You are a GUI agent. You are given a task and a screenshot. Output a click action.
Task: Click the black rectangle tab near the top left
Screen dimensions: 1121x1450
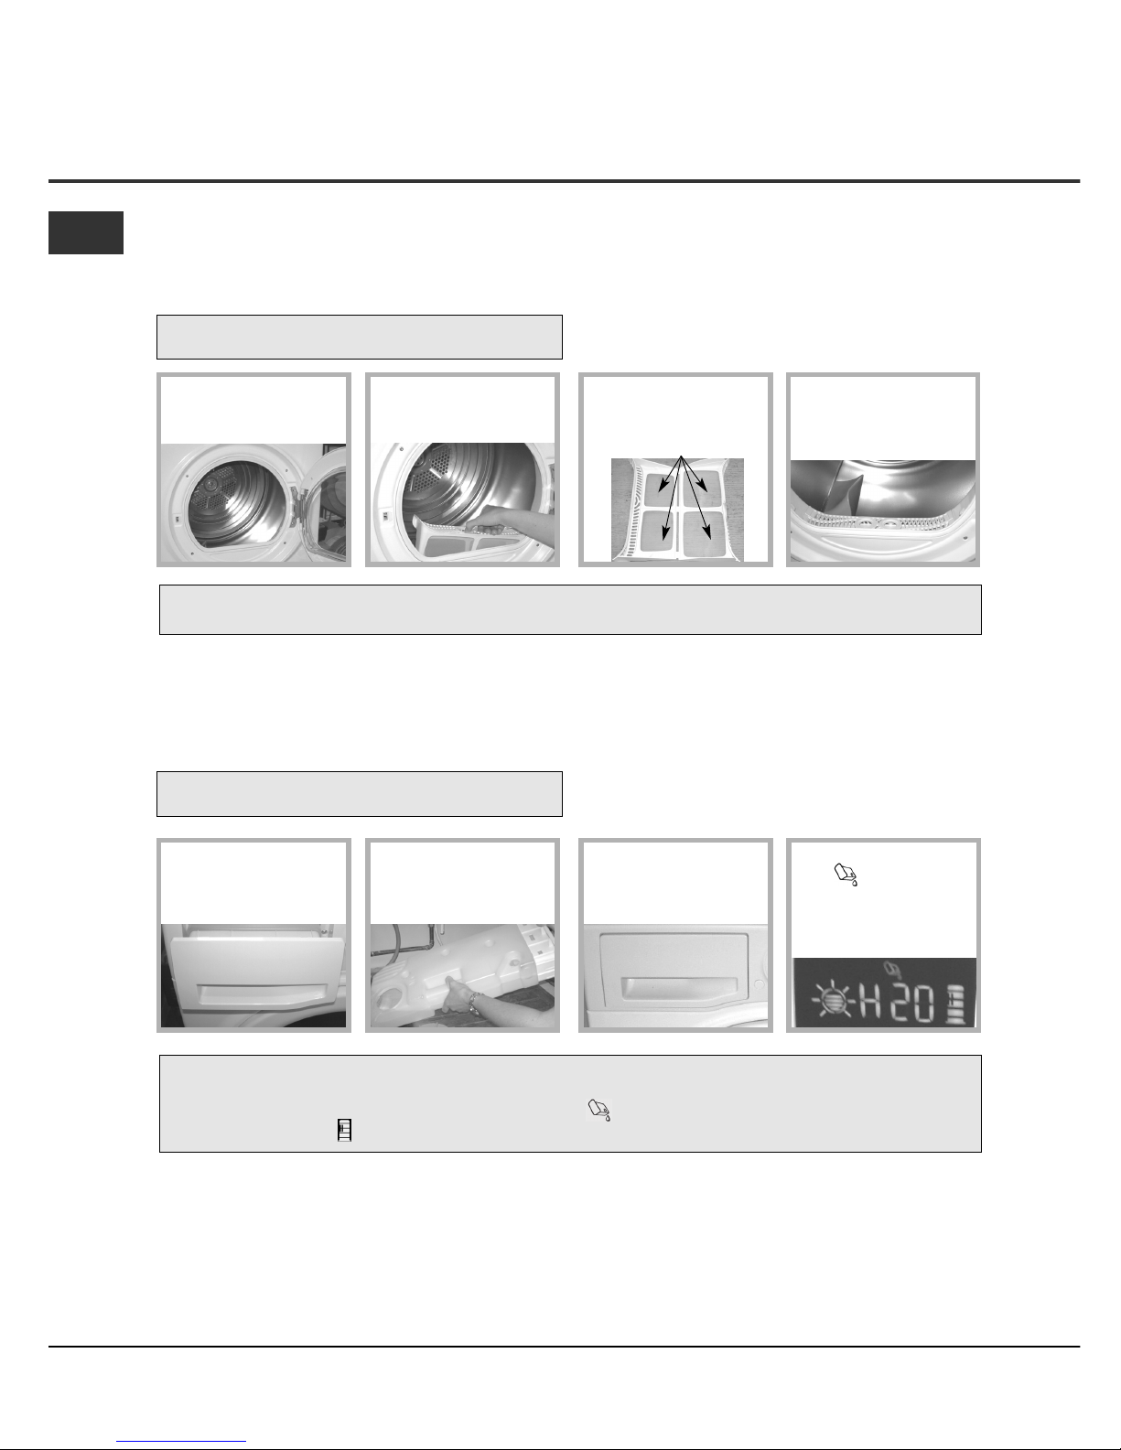coord(85,233)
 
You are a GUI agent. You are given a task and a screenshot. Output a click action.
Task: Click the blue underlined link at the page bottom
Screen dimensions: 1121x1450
coord(181,1442)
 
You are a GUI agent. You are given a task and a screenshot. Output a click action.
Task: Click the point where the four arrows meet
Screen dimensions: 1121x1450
coord(681,456)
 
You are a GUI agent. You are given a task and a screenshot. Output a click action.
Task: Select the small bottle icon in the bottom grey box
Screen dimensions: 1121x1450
coord(344,1130)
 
